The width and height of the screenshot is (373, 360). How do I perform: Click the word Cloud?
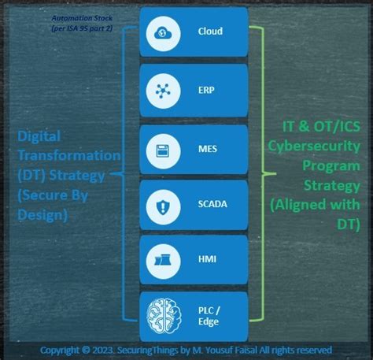pos(209,32)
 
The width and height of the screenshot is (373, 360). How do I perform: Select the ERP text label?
pos(207,91)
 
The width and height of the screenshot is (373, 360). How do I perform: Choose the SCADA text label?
pos(212,206)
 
